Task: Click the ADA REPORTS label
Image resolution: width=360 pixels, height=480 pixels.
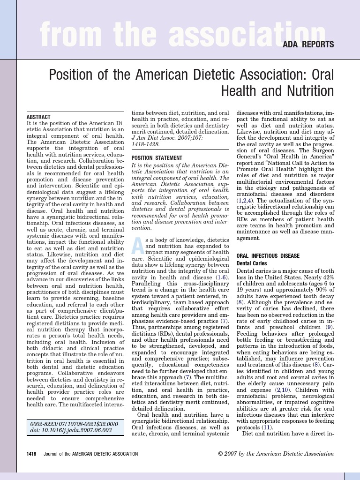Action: tap(308, 45)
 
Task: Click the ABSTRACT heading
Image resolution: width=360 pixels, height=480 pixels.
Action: tap(38, 117)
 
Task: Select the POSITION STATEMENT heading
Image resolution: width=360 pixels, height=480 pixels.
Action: tap(157, 158)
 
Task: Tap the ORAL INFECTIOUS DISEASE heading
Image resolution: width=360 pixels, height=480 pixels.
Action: tap(268, 256)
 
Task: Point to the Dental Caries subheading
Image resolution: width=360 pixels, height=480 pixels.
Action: tap(252, 264)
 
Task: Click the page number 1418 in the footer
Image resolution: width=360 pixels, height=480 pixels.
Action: tap(34, 454)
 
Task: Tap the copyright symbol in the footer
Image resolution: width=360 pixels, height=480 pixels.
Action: tap(221, 454)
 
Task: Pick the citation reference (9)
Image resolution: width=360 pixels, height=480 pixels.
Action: tap(330, 326)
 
